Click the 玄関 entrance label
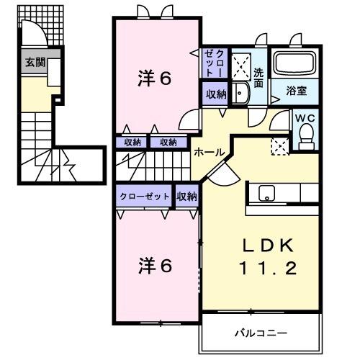point(35,63)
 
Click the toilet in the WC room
point(306,135)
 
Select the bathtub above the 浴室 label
point(297,66)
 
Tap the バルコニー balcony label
point(260,333)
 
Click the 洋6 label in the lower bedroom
point(154,266)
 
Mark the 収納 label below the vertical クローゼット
point(215,94)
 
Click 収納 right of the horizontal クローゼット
point(187,196)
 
